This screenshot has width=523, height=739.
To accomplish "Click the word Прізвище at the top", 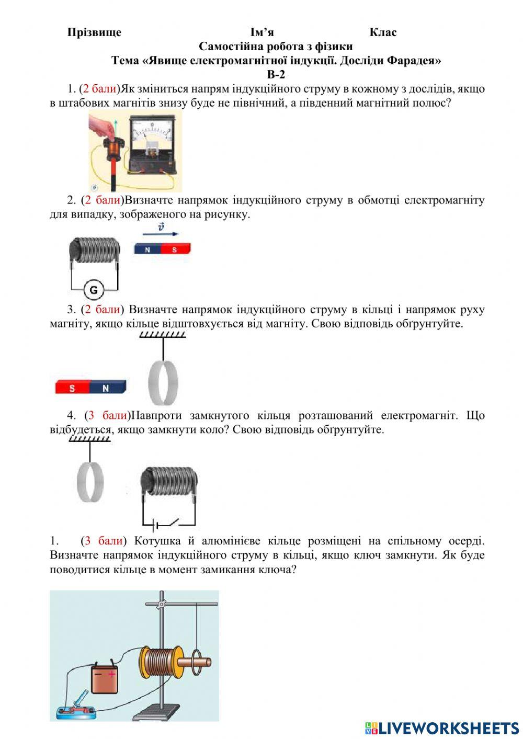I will pos(94,32).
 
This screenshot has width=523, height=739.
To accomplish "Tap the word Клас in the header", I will pos(383,32).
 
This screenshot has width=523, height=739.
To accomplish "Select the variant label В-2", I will pos(276,74).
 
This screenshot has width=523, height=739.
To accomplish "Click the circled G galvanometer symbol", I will pos(94,289).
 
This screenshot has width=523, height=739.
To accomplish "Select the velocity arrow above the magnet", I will pos(161,234).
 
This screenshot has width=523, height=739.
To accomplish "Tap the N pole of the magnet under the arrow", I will pos(148,249).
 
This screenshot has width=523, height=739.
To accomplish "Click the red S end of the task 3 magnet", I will pos(72,388).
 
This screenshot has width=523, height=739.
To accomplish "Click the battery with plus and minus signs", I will pos(106,678).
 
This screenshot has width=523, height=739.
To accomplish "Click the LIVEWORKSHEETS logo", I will pos(442,727).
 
